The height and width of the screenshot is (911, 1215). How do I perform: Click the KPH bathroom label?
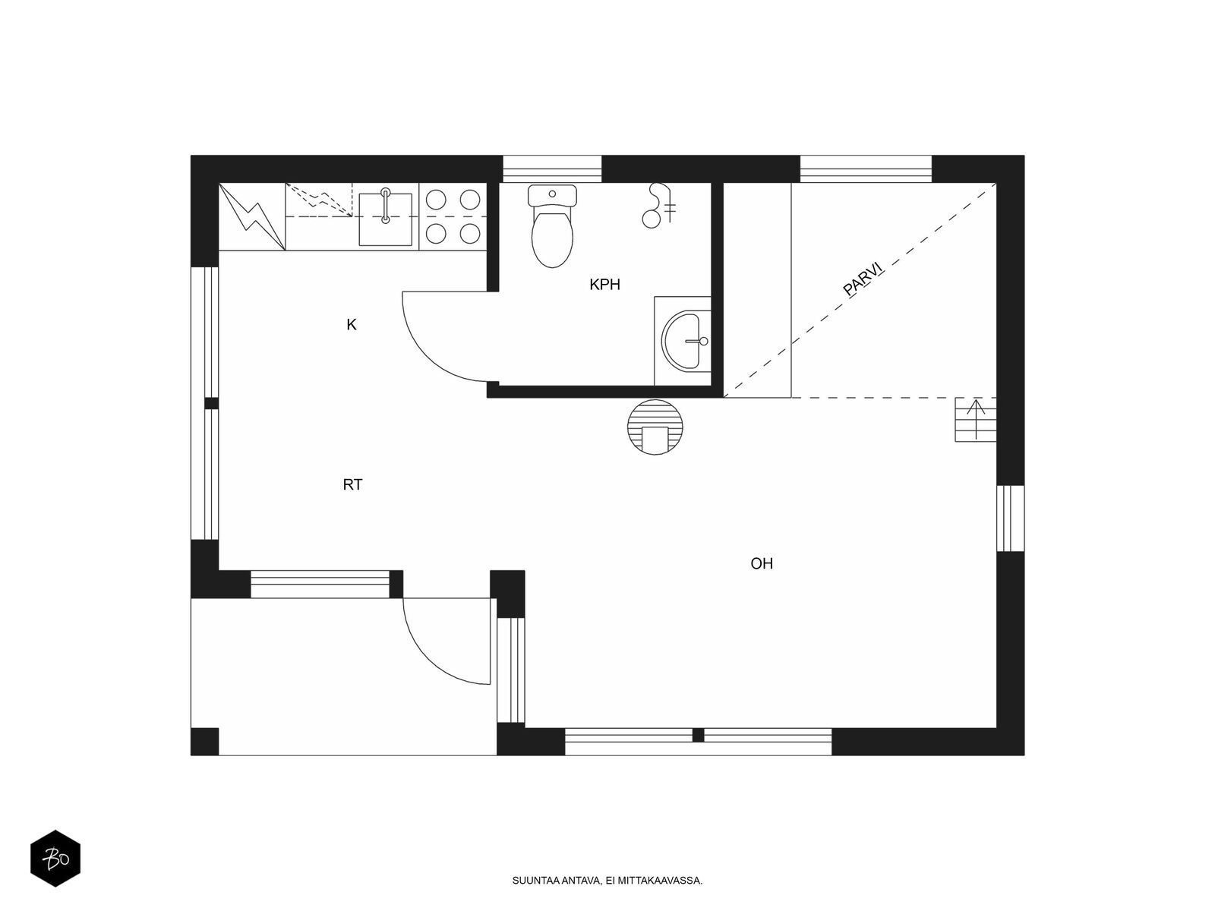(604, 284)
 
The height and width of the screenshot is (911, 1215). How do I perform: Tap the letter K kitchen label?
(351, 325)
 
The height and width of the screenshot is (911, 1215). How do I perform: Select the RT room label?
(352, 484)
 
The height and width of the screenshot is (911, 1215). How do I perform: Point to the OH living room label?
(761, 563)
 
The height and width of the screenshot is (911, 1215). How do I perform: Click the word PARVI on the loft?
(863, 278)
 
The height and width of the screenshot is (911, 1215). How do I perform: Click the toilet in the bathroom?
(552, 226)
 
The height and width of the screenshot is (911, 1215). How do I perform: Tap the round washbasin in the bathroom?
(686, 341)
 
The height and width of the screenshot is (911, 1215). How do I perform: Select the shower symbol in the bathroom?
(660, 205)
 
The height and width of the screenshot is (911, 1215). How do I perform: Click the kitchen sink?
(385, 219)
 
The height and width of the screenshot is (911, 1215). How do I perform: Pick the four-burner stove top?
(453, 216)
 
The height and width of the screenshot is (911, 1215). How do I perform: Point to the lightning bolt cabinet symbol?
(252, 216)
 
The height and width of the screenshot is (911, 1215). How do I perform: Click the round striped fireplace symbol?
(655, 427)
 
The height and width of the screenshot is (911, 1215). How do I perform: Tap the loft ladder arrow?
(975, 419)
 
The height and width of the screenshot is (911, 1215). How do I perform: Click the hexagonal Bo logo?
(55, 859)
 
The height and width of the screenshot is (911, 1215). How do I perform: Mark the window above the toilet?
(552, 169)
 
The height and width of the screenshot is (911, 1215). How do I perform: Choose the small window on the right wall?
(1010, 519)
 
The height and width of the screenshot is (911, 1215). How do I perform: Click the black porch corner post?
(205, 741)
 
